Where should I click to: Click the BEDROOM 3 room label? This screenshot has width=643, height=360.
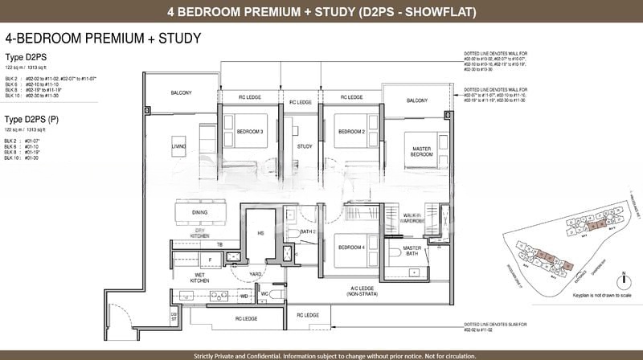pyautogui.click(x=250, y=131)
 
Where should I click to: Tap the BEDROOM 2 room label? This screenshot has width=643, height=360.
pyautogui.click(x=350, y=131)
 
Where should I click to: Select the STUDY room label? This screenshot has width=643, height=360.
pyautogui.click(x=305, y=146)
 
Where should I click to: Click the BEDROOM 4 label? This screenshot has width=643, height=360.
pyautogui.click(x=351, y=247)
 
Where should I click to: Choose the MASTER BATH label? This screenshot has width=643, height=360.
pyautogui.click(x=412, y=251)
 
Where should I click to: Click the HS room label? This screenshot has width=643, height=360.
pyautogui.click(x=260, y=234)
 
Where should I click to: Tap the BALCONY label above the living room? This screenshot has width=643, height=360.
pyautogui.click(x=181, y=93)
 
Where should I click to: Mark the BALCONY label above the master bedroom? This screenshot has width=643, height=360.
pyautogui.click(x=416, y=100)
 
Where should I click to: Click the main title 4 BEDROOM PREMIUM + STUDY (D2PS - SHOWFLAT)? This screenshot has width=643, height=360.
pyautogui.click(x=321, y=12)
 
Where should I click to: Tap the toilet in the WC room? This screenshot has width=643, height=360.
pyautogui.click(x=275, y=296)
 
